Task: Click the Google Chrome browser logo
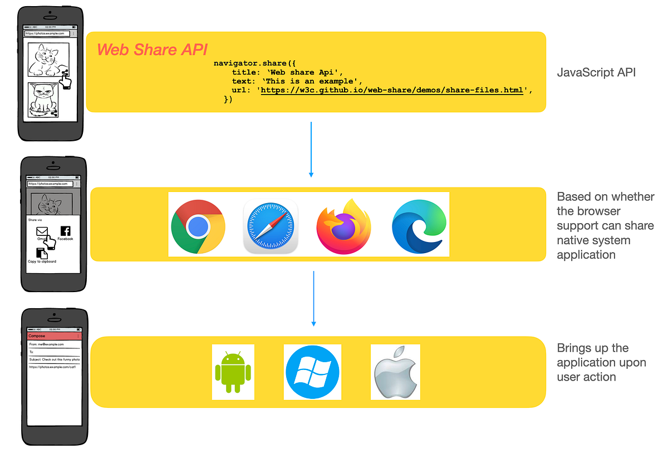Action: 198,225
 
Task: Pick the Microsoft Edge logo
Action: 419,226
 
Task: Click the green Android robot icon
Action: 233,372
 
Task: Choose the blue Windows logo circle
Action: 312,372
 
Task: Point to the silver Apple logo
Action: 395,372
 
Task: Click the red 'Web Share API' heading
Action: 153,50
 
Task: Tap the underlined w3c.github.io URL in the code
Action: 392,90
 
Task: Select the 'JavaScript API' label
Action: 596,72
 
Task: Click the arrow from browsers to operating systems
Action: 314,298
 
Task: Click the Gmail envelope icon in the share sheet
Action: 42,231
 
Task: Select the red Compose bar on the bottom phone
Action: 54,336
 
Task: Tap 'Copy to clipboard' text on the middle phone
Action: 42,261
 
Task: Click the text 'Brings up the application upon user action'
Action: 601,362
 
